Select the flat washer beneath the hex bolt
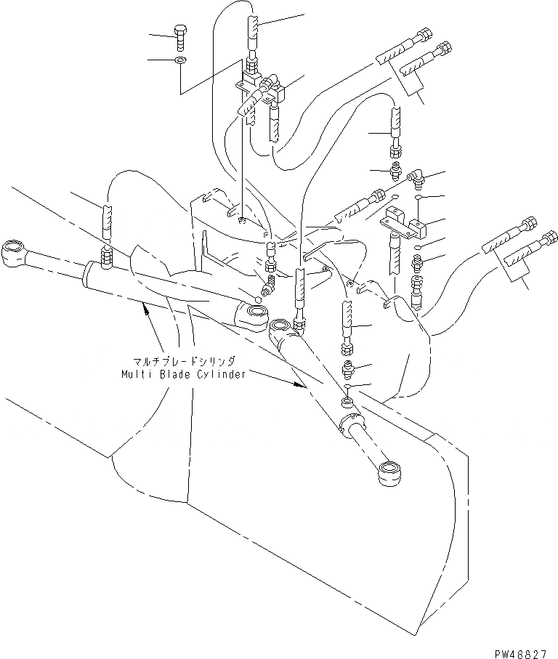click(x=181, y=60)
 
